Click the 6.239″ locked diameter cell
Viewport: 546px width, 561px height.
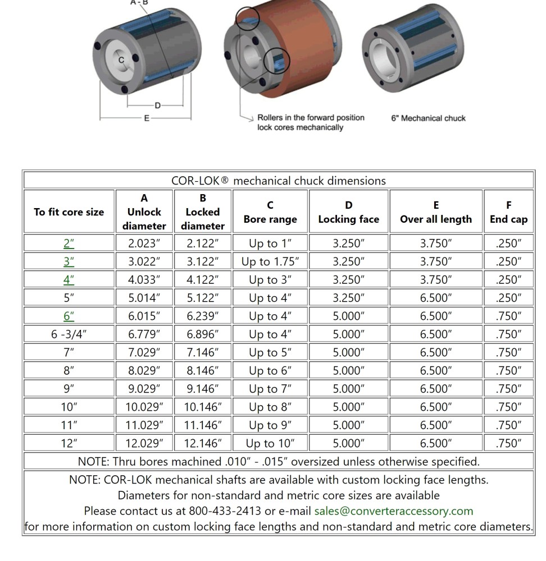click(x=203, y=316)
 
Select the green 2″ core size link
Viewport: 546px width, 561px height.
click(x=69, y=243)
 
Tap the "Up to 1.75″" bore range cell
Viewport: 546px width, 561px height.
click(x=270, y=261)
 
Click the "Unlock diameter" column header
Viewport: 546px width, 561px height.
click(x=144, y=212)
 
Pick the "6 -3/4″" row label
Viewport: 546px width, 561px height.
click(x=69, y=334)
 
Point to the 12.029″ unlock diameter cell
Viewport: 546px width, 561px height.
click(x=144, y=443)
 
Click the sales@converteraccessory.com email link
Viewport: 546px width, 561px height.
click(x=393, y=511)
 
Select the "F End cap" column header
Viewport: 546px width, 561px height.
click(x=508, y=212)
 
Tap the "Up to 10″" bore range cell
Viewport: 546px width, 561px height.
click(x=270, y=443)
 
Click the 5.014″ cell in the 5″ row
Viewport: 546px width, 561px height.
click(x=144, y=298)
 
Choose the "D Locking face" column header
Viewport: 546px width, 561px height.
click(x=348, y=212)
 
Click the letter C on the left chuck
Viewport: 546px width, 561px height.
click(x=121, y=60)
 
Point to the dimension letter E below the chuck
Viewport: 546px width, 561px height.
click(x=147, y=118)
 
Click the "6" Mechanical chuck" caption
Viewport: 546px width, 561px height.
click(x=428, y=118)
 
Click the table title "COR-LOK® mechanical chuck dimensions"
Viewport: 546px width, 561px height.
click(x=279, y=181)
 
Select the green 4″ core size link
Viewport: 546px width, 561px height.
click(x=69, y=280)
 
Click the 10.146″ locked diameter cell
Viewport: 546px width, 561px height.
click(x=203, y=407)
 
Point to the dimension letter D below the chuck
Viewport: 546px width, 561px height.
click(x=157, y=105)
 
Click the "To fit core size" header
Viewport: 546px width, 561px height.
click(x=69, y=212)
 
